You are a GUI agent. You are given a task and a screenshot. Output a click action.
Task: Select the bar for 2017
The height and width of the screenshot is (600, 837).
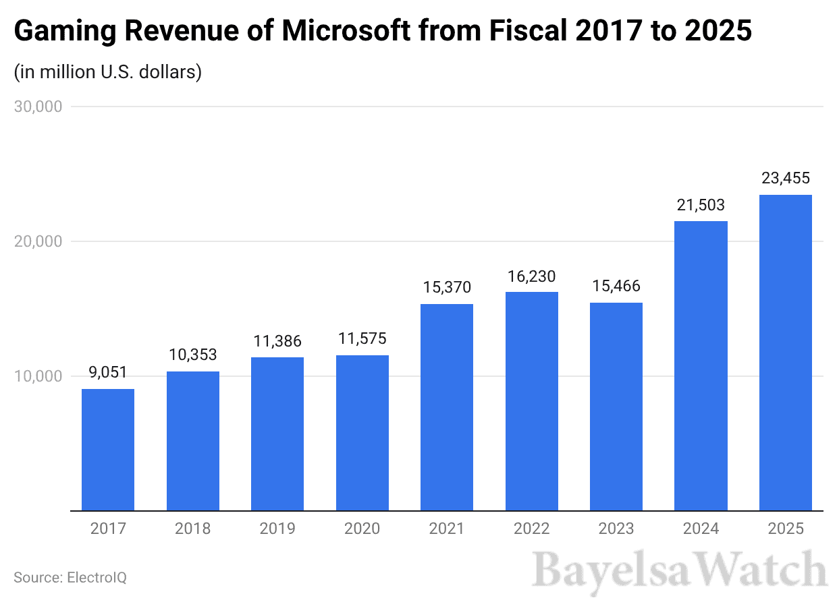108,450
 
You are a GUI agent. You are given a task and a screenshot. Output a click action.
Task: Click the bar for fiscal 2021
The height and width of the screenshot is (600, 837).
447,407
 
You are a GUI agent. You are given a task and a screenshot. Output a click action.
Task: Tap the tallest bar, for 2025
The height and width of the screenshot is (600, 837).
785,353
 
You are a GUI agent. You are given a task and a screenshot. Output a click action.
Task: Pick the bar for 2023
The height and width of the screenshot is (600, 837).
616,407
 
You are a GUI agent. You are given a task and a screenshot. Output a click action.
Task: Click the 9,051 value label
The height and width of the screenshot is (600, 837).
108,373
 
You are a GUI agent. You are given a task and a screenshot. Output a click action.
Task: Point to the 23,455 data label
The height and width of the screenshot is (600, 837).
785,179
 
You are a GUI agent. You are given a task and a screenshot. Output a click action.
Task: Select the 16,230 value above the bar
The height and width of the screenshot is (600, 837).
531,276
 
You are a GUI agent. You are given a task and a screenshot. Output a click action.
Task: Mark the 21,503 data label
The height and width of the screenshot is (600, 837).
701,205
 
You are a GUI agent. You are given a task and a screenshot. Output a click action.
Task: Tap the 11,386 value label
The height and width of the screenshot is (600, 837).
277,341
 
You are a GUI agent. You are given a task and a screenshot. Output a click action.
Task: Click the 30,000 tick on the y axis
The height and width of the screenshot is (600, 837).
38,107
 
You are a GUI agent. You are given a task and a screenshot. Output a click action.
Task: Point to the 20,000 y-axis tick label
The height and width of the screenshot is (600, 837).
38,241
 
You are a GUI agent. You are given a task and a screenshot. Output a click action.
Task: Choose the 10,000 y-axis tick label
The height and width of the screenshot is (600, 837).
38,376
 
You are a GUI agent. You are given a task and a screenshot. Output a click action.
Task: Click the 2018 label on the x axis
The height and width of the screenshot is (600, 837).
192,529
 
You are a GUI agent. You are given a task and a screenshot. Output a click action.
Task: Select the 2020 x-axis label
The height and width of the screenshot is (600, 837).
362,529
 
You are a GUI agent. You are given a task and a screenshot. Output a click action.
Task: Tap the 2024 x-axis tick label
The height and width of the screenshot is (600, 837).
701,529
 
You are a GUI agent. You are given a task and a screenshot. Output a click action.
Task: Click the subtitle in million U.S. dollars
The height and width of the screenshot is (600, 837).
108,72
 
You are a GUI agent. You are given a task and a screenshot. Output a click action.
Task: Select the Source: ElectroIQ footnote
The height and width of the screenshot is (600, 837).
70,578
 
